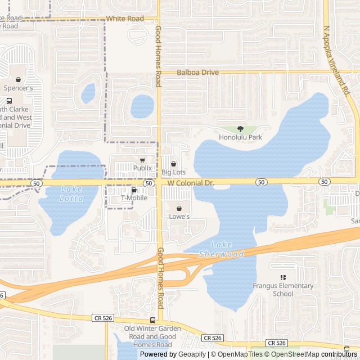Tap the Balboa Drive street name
(197, 73)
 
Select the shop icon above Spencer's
(19, 80)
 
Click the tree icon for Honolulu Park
(241, 129)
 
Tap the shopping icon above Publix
(142, 160)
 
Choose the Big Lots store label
(173, 172)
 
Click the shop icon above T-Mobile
(134, 190)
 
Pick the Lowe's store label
(179, 216)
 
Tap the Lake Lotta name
(71, 194)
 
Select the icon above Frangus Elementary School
(283, 277)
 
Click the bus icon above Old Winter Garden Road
(153, 321)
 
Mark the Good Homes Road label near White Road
(158, 56)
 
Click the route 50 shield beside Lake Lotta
(36, 183)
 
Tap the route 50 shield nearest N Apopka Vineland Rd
(324, 182)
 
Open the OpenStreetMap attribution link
(294, 354)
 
